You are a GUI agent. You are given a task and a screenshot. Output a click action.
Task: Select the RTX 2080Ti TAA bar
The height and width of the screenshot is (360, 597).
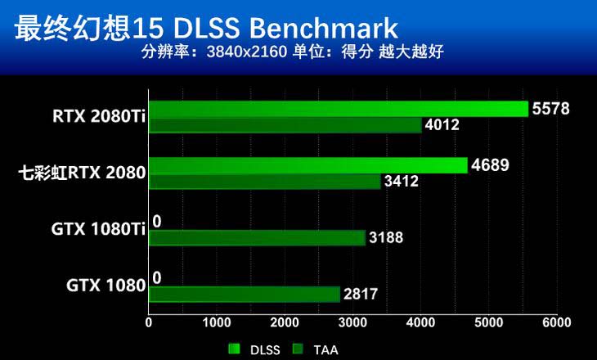pos(285,125)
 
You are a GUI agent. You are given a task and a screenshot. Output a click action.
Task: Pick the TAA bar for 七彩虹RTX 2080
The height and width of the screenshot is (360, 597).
pos(265,181)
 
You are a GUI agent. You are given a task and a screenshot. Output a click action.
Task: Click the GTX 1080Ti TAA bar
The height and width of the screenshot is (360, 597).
pos(257,238)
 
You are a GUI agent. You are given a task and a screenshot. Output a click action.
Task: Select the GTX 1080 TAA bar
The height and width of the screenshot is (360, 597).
pos(245,294)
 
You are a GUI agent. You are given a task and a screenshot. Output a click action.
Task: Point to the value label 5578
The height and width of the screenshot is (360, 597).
pos(550,108)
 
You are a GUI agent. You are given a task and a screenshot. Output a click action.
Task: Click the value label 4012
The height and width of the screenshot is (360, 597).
pos(442,125)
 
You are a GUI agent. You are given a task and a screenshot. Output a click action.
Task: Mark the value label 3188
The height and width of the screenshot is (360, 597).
pos(385,238)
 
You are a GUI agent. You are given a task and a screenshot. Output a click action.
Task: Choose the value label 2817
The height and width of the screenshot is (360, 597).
pos(361,294)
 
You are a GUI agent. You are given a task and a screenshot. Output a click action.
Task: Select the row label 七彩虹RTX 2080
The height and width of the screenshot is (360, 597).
pos(83,173)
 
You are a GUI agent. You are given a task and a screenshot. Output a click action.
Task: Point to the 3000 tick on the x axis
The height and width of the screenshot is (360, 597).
pos(352,323)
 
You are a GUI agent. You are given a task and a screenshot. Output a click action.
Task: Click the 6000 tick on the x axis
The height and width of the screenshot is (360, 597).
pos(556,323)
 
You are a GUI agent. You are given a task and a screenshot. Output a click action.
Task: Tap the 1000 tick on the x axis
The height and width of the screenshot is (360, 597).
pos(216,323)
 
